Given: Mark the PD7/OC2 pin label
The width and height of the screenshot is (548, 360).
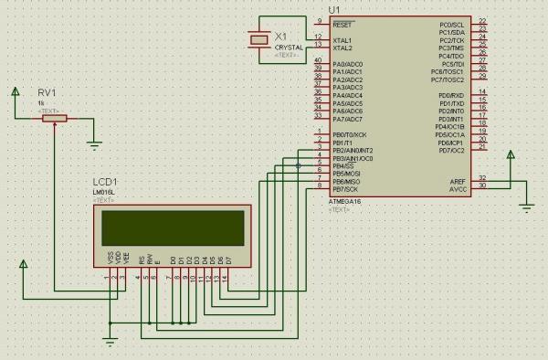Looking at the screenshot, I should coord(450,150).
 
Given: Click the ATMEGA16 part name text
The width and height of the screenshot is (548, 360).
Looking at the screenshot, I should coord(346,202).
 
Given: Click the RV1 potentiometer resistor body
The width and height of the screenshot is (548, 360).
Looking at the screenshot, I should coord(56,118).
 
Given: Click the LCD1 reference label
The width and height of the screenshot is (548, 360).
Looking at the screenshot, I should coord(104,182).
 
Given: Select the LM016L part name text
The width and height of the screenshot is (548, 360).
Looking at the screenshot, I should coord(102,192).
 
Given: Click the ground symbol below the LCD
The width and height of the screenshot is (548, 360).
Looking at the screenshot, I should coord(110,343).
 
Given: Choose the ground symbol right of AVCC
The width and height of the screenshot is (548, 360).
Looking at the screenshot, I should coord(525,206).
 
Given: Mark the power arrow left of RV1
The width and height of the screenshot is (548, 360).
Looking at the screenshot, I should coord(16,90).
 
